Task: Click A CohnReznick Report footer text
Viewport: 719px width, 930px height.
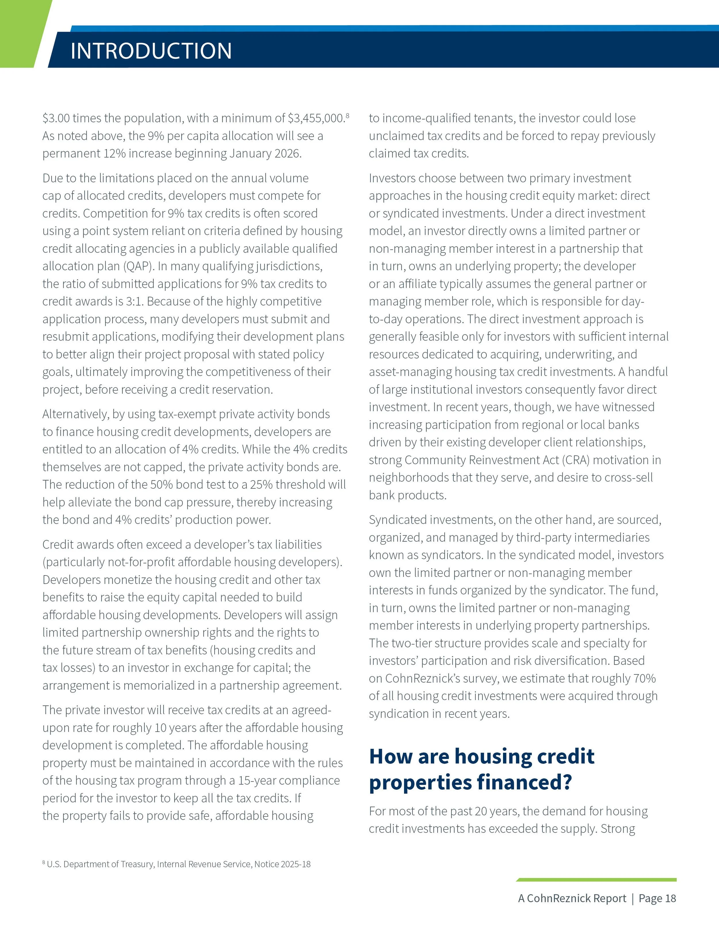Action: pyautogui.click(x=572, y=898)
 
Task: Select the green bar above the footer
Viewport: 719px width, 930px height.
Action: pyautogui.click(x=596, y=880)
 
